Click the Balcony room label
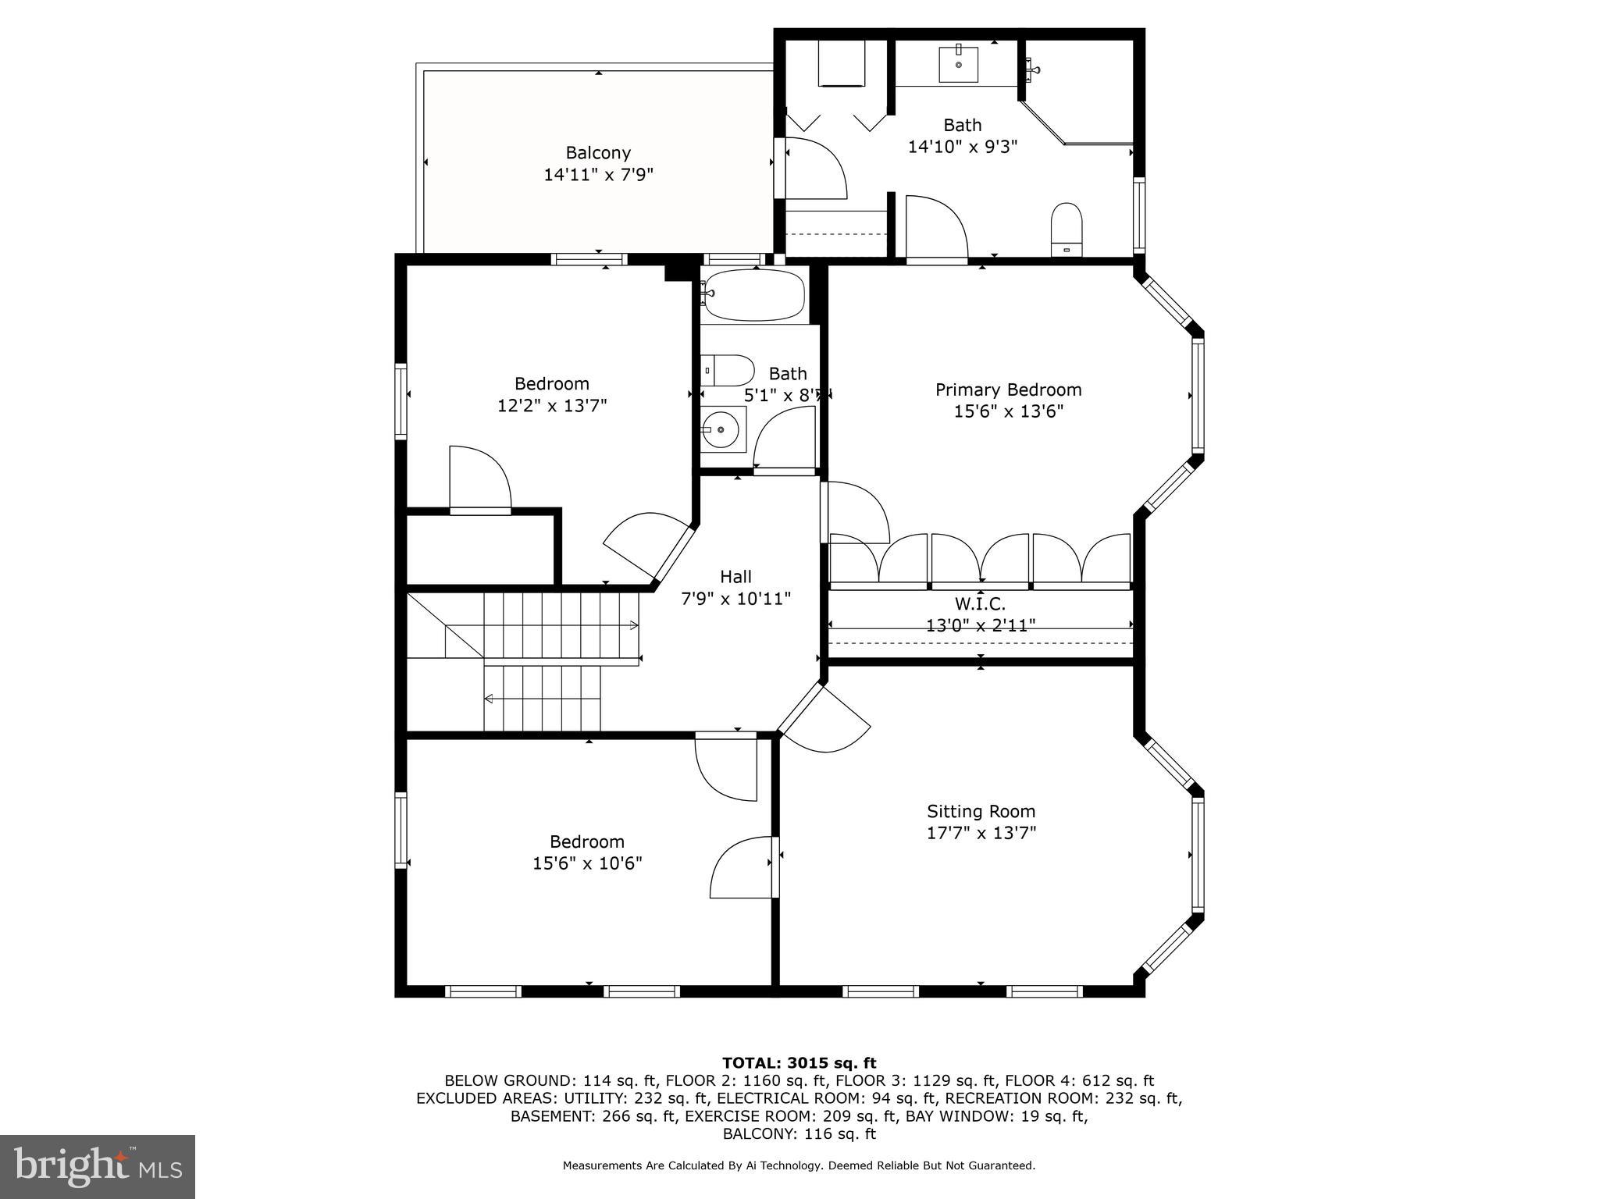598,153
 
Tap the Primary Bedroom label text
1008,390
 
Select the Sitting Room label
981,811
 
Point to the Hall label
735,577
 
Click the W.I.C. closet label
980,603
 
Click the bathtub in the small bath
753,295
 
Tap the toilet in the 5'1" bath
728,370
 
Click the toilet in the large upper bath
1067,228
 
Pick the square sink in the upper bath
959,64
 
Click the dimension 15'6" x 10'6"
587,863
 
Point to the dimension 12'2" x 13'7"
552,405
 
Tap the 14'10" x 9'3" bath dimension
962,146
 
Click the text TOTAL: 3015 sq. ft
799,1062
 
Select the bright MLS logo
97,1166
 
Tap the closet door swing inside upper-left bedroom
479,479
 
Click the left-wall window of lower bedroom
401,830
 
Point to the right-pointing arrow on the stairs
633,624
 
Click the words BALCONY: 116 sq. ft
799,1133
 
